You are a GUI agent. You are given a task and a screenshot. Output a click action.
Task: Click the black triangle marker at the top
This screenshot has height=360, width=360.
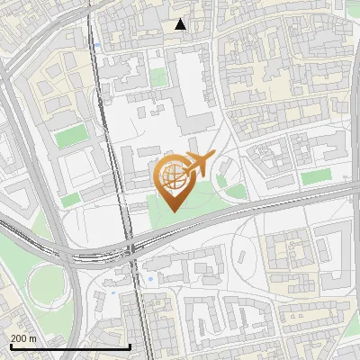181,24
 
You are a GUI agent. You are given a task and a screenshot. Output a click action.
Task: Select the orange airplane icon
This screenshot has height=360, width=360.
199,164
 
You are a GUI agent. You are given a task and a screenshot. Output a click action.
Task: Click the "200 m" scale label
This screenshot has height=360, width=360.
24,337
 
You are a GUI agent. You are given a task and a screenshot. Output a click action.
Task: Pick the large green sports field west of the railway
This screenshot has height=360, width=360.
68,138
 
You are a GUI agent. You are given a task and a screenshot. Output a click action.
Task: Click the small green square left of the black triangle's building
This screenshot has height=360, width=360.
158,78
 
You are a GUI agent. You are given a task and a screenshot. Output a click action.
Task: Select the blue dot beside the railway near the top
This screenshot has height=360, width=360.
95,42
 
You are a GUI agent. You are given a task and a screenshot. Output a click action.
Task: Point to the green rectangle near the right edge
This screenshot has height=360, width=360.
315,177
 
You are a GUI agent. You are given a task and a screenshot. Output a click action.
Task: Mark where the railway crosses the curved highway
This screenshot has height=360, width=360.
131,253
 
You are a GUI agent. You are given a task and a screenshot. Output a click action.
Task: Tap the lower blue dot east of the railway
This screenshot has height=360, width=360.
150,280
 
